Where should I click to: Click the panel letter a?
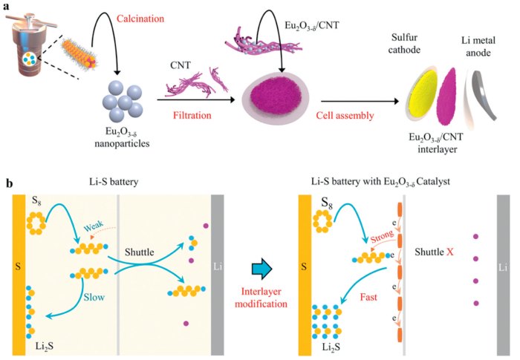click(x=7, y=7)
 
